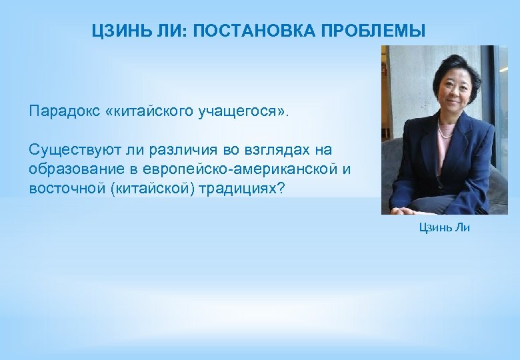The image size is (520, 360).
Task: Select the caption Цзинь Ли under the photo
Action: pos(444,227)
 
